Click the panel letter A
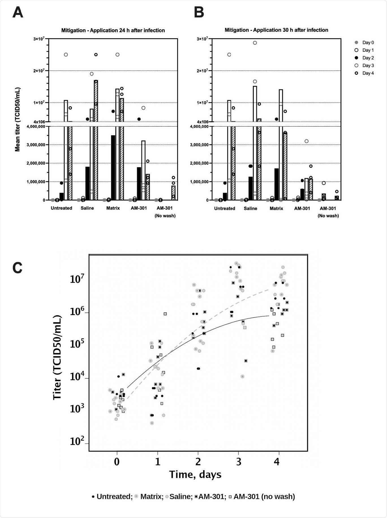(18, 13)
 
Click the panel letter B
(199, 13)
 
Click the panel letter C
(18, 267)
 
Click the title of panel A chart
(113, 30)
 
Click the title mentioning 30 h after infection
(276, 30)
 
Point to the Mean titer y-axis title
(18, 120)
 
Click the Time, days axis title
(195, 474)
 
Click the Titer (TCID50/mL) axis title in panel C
(57, 357)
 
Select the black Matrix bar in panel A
(113, 167)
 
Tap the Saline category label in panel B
(250, 208)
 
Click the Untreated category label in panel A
(61, 208)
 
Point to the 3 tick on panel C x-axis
(239, 462)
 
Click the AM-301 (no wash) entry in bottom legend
(262, 497)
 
